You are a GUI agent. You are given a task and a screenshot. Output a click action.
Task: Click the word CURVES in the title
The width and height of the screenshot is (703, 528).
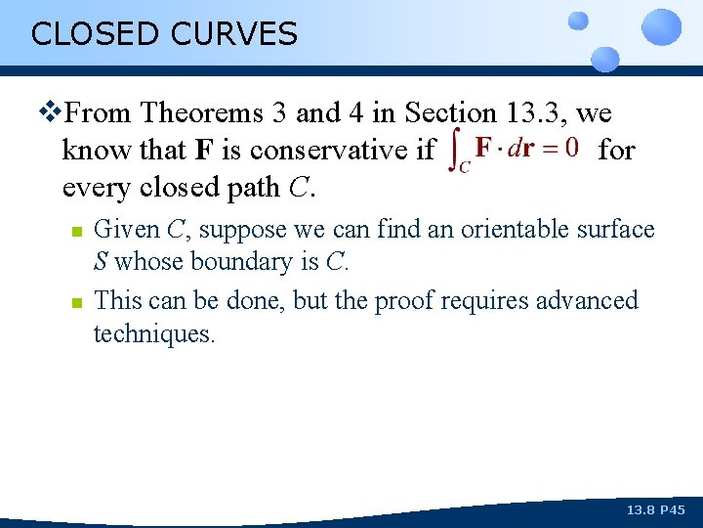click(x=233, y=34)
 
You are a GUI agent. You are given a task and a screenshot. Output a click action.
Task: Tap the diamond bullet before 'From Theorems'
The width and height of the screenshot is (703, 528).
click(x=51, y=113)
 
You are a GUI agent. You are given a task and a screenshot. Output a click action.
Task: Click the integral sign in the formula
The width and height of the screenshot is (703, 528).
click(x=455, y=151)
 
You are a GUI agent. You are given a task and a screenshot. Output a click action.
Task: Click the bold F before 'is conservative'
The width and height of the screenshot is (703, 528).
click(x=203, y=151)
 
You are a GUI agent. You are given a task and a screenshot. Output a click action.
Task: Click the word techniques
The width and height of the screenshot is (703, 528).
click(x=153, y=333)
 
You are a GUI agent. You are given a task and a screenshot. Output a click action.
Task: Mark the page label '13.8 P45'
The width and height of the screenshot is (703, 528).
click(x=656, y=510)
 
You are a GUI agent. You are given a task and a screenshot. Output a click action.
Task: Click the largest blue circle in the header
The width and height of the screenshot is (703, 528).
click(x=662, y=27)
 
